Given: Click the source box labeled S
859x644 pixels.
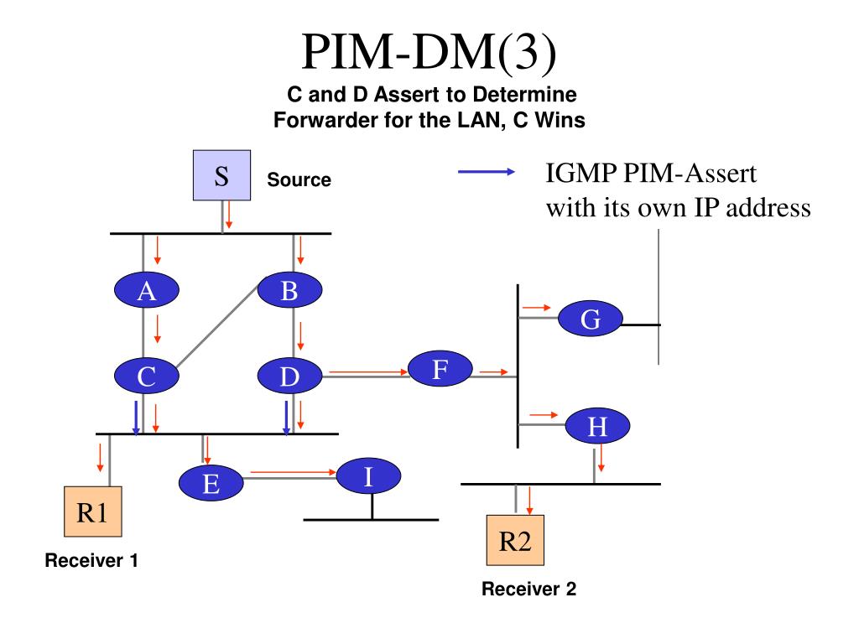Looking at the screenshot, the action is [221, 175].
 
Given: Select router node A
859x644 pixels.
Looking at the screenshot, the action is [146, 289].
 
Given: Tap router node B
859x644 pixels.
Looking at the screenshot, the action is [289, 289].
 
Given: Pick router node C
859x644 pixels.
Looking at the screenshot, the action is [146, 376].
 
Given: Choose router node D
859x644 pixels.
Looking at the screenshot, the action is [289, 376].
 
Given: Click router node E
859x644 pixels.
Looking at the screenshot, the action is [211, 483].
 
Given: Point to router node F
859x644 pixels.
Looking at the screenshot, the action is [440, 369].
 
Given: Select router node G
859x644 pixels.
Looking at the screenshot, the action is [590, 318].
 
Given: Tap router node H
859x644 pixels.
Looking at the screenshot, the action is [597, 425].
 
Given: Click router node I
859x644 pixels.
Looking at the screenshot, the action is [368, 476].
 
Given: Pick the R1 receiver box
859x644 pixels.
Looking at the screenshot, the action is [93, 512].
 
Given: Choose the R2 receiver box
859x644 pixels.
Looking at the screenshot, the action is [516, 540].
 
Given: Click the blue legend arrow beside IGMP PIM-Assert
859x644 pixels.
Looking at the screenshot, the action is [487, 172].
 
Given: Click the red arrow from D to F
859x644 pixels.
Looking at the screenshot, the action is [369, 372].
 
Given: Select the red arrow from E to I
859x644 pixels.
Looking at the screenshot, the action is [293, 472].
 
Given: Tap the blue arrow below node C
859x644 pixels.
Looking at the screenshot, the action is [136, 418].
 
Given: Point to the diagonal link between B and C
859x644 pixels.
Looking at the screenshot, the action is [217, 326].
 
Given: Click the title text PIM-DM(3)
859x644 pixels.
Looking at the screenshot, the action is [429, 51].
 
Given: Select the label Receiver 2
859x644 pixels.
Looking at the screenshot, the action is [528, 589].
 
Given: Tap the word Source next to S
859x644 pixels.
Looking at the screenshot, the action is [299, 179].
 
